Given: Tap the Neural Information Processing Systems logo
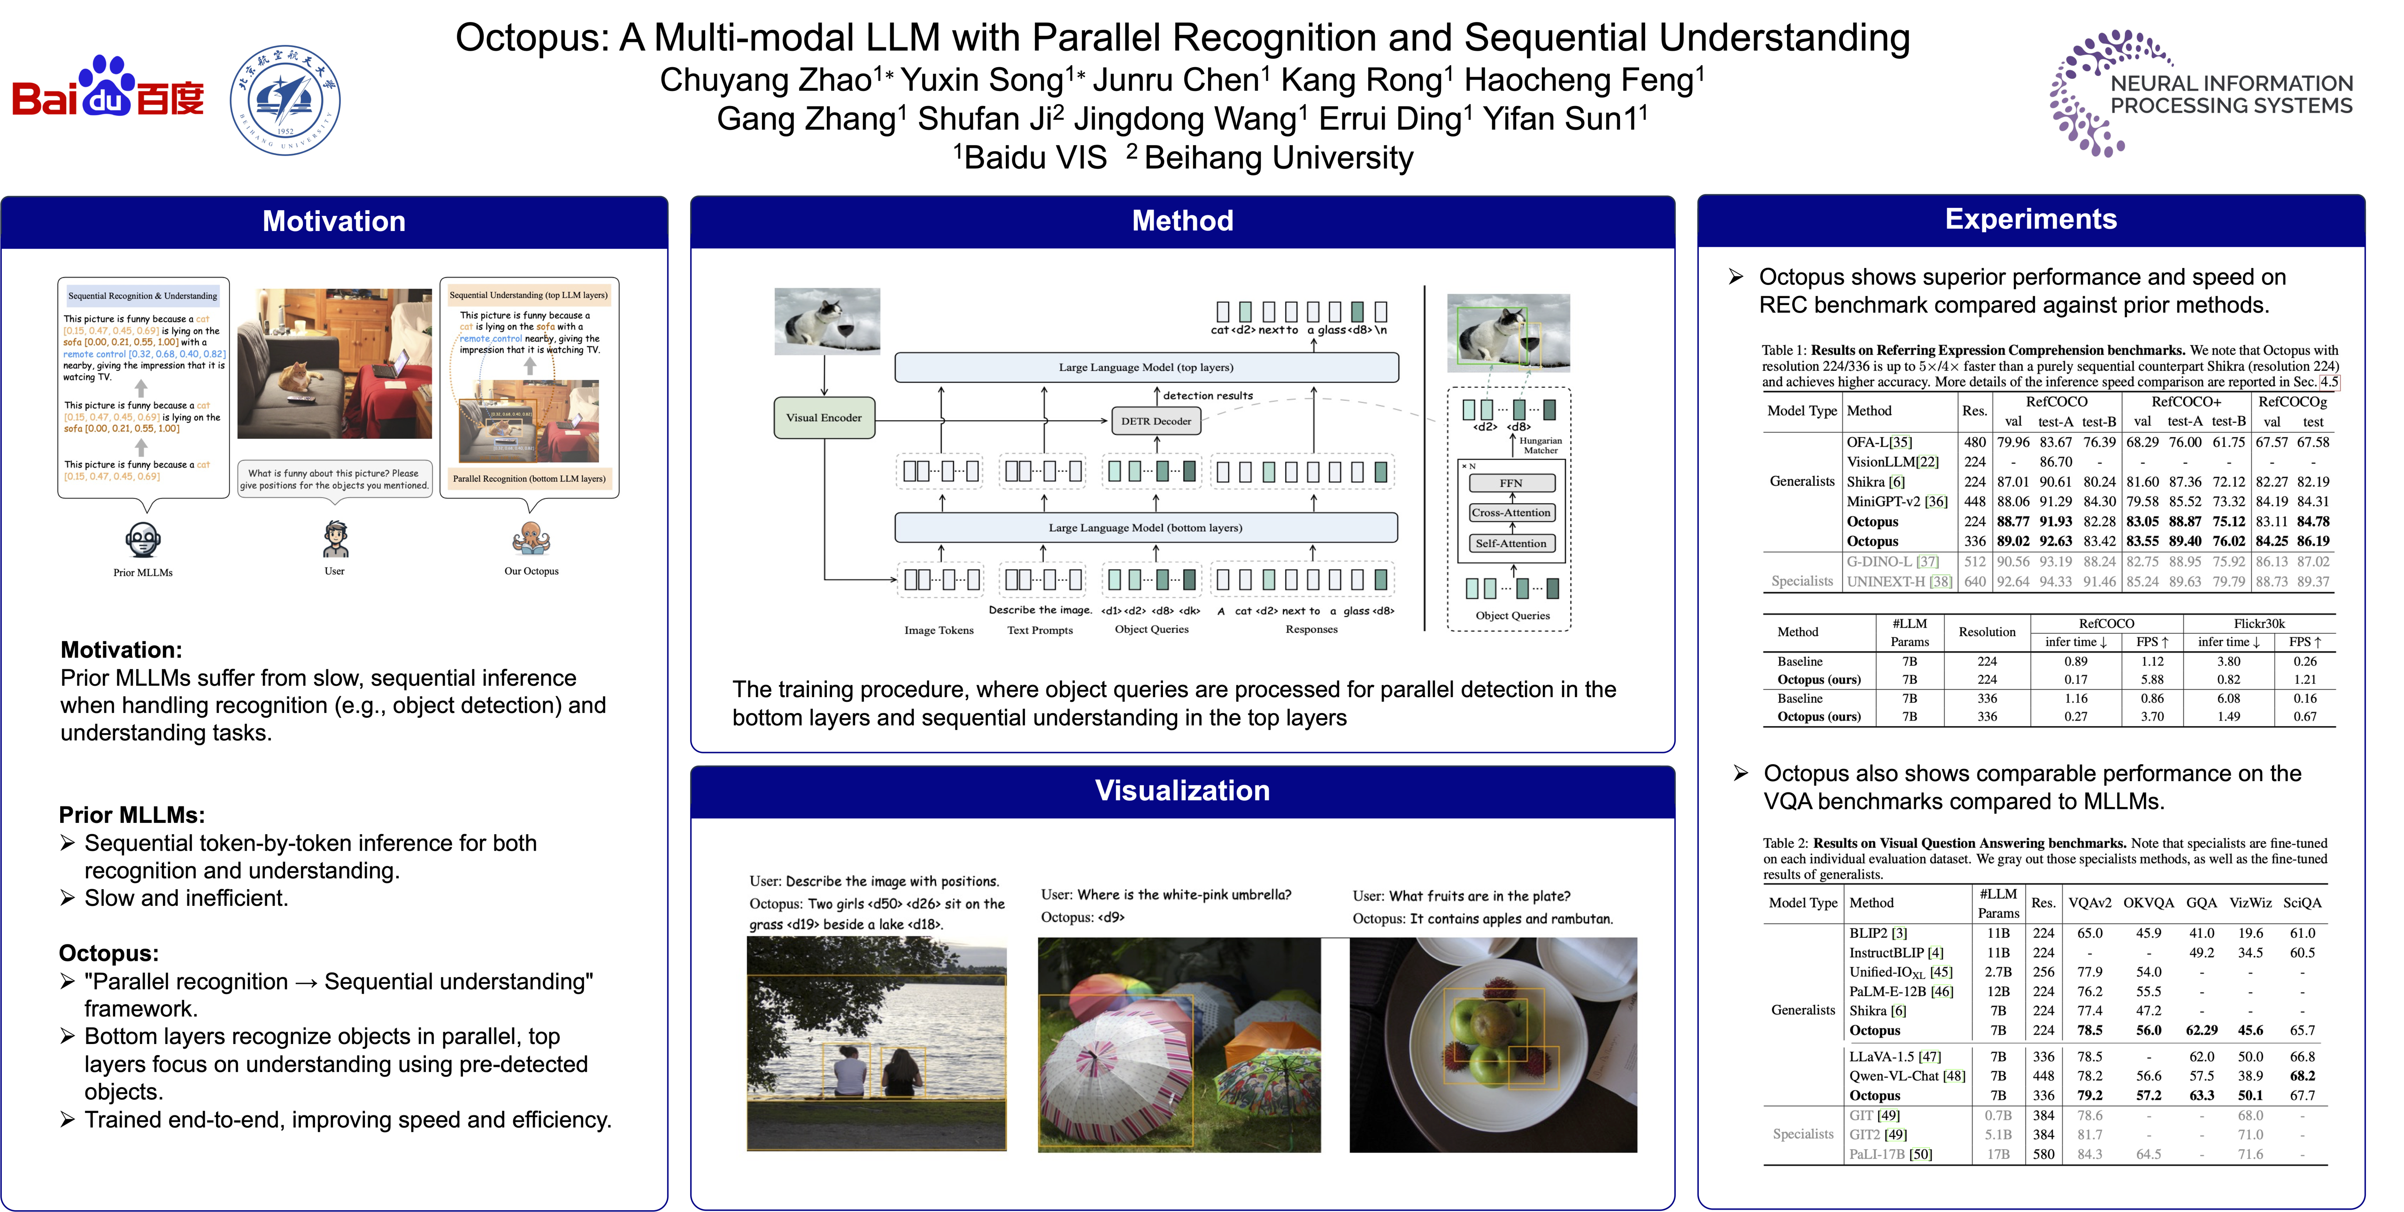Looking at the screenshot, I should [2201, 93].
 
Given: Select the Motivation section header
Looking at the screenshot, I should [334, 221].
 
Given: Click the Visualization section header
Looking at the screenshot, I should [1181, 790].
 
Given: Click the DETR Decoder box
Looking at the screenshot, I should [1156, 421].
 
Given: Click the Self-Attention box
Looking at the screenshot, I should [1511, 543].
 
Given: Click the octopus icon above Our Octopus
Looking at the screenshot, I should [531, 538].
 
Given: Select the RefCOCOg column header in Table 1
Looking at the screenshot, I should [2292, 402].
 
